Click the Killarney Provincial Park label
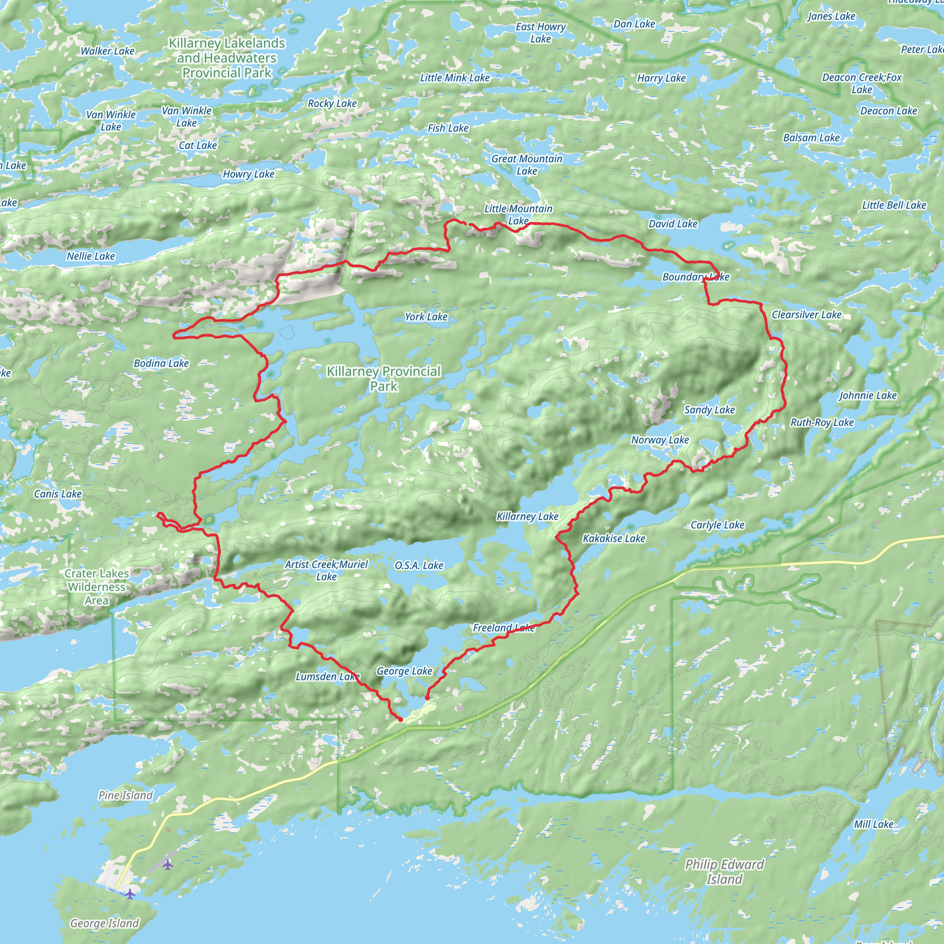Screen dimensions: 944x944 click(383, 379)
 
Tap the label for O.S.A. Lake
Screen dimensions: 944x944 click(419, 565)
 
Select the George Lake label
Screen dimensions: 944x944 click(404, 671)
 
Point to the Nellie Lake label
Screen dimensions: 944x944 click(91, 256)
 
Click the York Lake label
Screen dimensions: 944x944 click(426, 317)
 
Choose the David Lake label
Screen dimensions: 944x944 click(673, 224)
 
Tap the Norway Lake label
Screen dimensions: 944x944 click(660, 440)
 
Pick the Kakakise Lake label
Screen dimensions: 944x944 click(614, 538)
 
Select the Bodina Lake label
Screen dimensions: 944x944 click(161, 363)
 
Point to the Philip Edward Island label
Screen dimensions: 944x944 click(724, 872)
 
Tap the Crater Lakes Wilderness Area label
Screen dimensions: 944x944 click(97, 587)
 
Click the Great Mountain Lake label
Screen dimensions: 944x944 click(527, 165)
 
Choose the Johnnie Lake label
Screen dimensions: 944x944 click(868, 395)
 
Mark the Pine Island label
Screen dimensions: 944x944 click(125, 795)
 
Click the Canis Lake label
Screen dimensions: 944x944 click(58, 494)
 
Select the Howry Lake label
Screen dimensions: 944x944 click(249, 174)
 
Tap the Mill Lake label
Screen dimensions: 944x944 click(873, 824)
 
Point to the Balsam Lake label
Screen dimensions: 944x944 click(811, 138)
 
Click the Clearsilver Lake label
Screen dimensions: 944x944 click(806, 315)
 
